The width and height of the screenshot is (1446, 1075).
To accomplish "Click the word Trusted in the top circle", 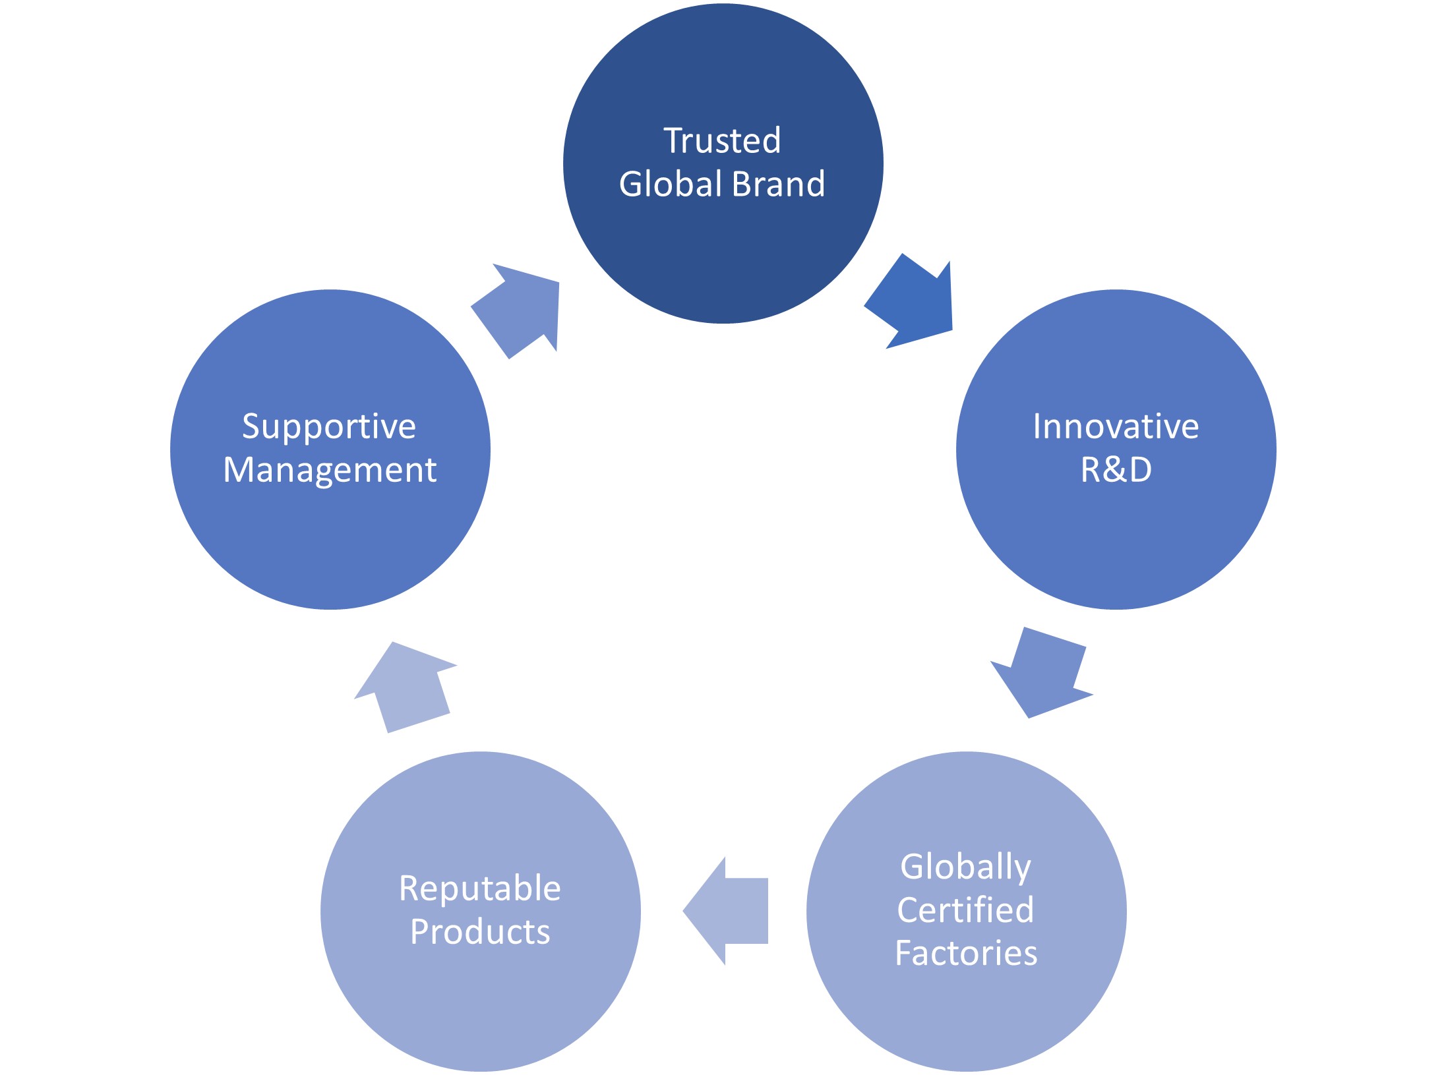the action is pyautogui.click(x=722, y=140).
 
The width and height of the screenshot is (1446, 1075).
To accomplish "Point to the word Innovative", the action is pyautogui.click(x=1116, y=426).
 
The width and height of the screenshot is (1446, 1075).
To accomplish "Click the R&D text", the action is pyautogui.click(x=1116, y=470).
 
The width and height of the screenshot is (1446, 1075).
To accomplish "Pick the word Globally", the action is pyautogui.click(x=965, y=867).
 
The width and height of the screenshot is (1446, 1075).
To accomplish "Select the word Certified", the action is pyautogui.click(x=965, y=910).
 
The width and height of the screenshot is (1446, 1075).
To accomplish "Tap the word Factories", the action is pyautogui.click(x=966, y=954).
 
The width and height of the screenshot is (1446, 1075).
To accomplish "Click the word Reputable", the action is pyautogui.click(x=480, y=889).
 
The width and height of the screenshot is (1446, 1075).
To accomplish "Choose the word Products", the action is pyautogui.click(x=480, y=932).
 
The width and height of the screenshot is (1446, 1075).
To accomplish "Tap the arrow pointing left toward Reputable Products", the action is pyautogui.click(x=725, y=911).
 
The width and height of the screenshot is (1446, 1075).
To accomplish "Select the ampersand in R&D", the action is pyautogui.click(x=1116, y=470).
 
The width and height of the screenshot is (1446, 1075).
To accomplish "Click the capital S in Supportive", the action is pyautogui.click(x=252, y=426).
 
